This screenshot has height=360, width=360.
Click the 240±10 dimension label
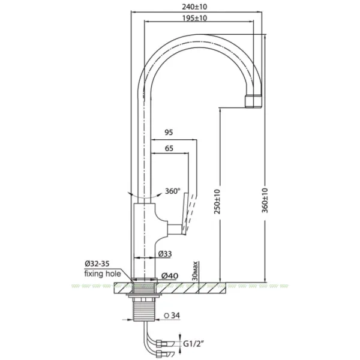click(194, 7)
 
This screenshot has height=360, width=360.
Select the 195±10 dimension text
click(194, 18)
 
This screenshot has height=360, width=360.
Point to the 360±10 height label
click(265, 200)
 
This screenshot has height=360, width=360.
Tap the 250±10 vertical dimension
click(217, 202)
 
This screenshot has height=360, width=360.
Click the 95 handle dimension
click(169, 133)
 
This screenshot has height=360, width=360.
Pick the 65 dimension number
click(169, 148)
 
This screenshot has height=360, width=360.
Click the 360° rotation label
click(173, 191)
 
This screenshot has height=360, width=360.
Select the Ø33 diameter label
click(165, 254)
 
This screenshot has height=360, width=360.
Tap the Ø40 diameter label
click(170, 276)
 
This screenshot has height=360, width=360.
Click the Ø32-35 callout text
click(97, 263)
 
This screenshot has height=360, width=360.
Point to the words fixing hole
click(103, 274)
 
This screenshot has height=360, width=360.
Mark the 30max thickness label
click(195, 271)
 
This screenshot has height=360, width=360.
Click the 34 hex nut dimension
click(176, 316)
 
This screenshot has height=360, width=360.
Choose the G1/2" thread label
click(194, 344)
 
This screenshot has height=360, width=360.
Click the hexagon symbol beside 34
click(166, 316)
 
